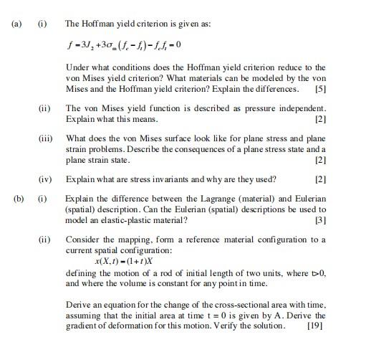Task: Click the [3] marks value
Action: pos(320,219)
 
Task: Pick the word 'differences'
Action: pos(274,90)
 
